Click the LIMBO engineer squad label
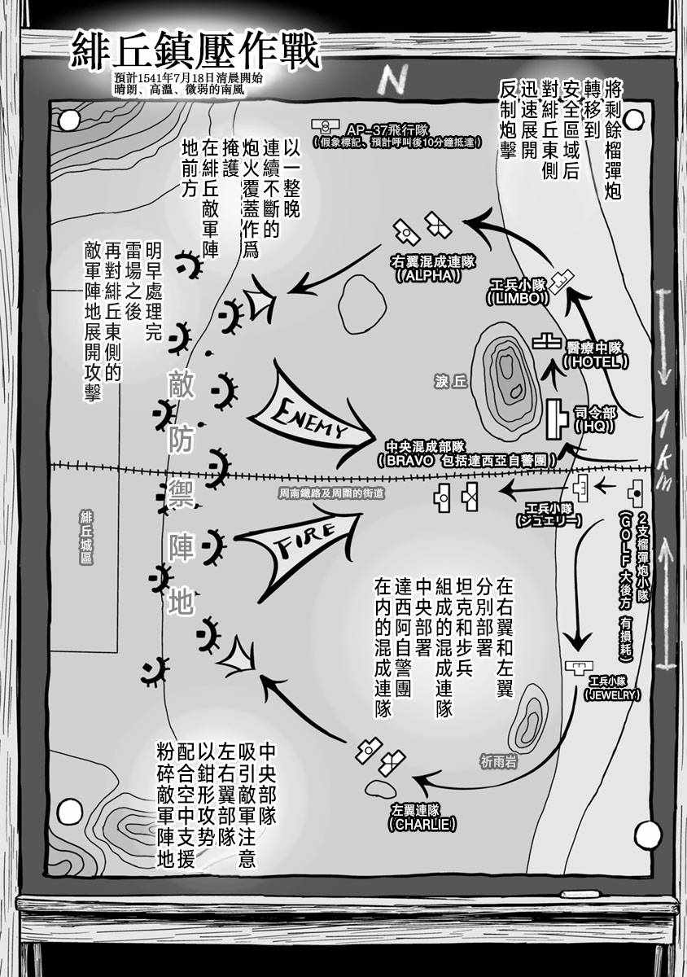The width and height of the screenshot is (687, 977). pos(519,293)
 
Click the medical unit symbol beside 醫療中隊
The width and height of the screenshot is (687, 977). pos(545,343)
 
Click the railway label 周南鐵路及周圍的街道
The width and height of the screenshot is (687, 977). pos(330,493)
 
